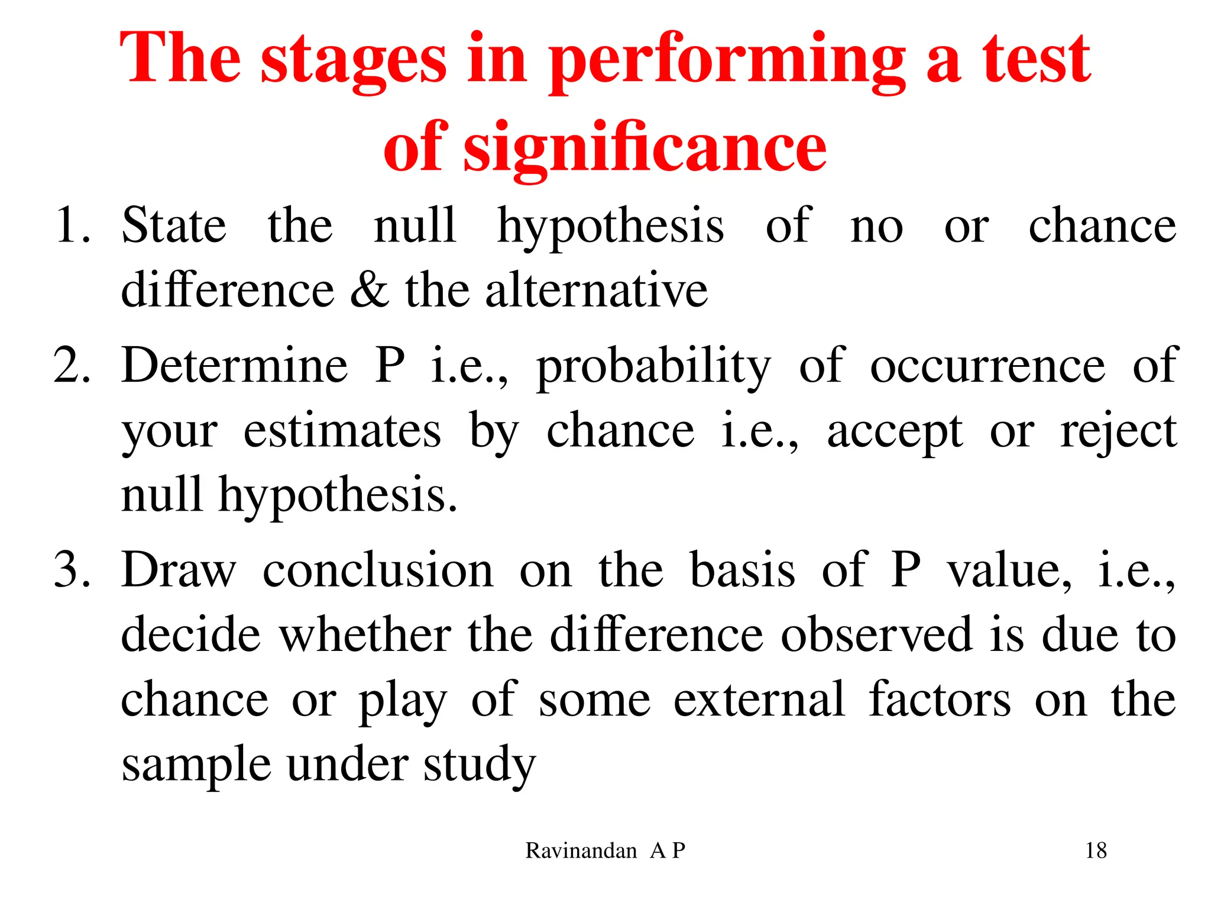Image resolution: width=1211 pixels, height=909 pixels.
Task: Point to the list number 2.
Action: pyautogui.click(x=72, y=366)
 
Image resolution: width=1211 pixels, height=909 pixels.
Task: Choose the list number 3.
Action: pyautogui.click(x=72, y=570)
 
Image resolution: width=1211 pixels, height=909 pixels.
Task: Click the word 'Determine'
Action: pyautogui.click(x=234, y=366)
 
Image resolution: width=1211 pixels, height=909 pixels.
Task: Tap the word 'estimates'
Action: pyautogui.click(x=342, y=431)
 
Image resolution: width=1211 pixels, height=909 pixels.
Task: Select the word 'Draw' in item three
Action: pyautogui.click(x=179, y=570)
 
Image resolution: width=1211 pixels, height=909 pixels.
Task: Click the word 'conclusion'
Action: pyautogui.click(x=378, y=570)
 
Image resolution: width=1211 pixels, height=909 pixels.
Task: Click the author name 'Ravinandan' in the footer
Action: pyautogui.click(x=581, y=851)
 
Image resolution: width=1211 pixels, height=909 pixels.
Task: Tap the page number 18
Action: pyautogui.click(x=1096, y=851)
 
